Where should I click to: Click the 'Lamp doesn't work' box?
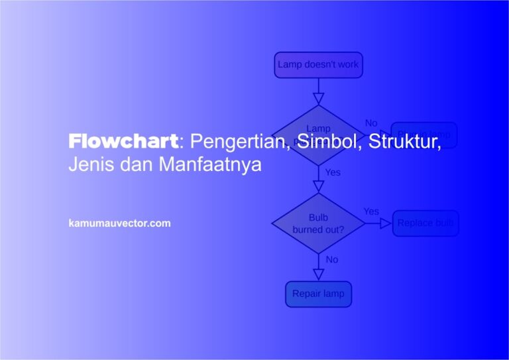(318, 65)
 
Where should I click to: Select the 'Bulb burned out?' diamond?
(318, 223)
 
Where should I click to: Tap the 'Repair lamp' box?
(318, 294)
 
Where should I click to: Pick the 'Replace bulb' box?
(425, 223)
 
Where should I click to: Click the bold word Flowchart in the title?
(123, 141)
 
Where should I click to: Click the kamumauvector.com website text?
(119, 223)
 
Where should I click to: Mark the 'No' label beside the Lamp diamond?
(371, 123)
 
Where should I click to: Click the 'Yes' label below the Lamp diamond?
(333, 172)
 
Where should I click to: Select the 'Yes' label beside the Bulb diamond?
(371, 211)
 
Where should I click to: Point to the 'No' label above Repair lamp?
(332, 259)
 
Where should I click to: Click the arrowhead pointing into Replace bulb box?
(386, 223)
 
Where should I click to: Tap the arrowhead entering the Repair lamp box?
(318, 274)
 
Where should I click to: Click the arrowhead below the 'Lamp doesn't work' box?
(318, 99)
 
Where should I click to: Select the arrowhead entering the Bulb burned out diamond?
(318, 186)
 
